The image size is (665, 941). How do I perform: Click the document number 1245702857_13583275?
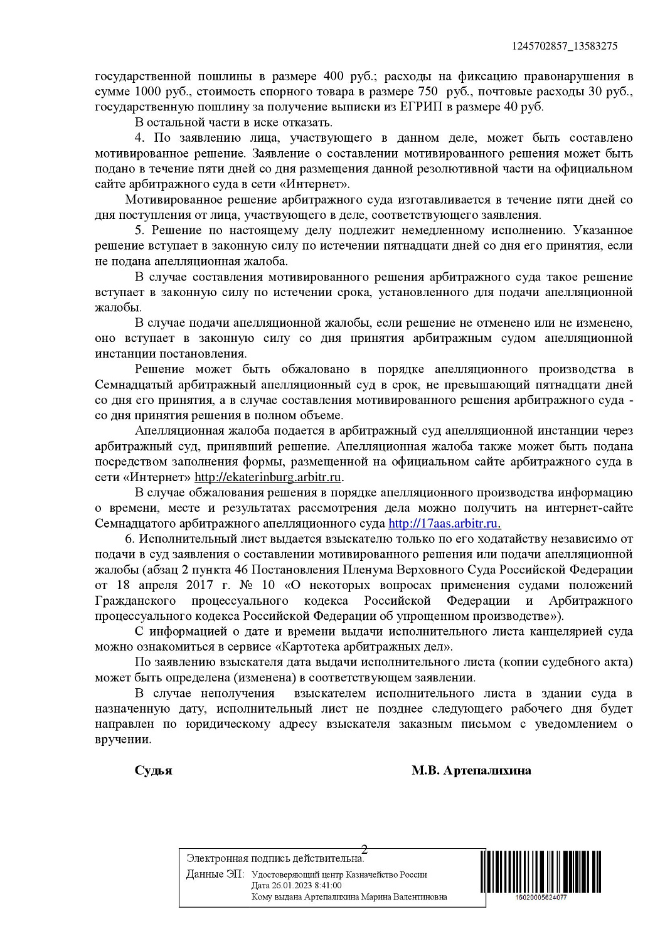pos(565,46)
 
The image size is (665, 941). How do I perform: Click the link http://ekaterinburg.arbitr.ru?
pos(268,477)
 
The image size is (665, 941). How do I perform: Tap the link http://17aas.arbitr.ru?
pos(444,524)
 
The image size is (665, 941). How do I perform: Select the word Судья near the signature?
pos(153,770)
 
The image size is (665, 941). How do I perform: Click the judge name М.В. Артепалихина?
pos(471,770)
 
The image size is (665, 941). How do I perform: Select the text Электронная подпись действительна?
pos(275,858)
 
